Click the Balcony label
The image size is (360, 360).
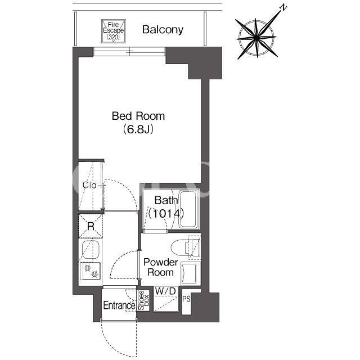click(163, 30)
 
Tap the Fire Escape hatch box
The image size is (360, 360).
click(114, 31)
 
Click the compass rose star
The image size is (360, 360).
click(256, 38)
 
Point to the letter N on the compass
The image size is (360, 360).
click(283, 8)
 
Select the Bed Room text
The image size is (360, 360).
click(138, 116)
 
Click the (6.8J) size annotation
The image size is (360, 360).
click(138, 129)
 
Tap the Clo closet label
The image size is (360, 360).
click(89, 185)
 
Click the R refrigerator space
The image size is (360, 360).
click(91, 226)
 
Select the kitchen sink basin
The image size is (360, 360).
click(91, 249)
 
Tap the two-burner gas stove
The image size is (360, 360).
click(90, 271)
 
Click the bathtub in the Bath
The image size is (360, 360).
click(188, 209)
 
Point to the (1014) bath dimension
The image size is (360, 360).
click(166, 214)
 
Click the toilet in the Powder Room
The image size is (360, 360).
click(186, 248)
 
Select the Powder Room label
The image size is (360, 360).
click(160, 267)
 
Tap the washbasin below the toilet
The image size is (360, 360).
click(189, 273)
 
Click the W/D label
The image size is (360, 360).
click(165, 291)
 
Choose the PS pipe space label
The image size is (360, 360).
click(186, 299)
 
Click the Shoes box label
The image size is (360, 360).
click(143, 300)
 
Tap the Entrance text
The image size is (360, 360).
click(119, 305)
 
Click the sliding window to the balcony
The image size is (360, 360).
click(129, 52)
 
